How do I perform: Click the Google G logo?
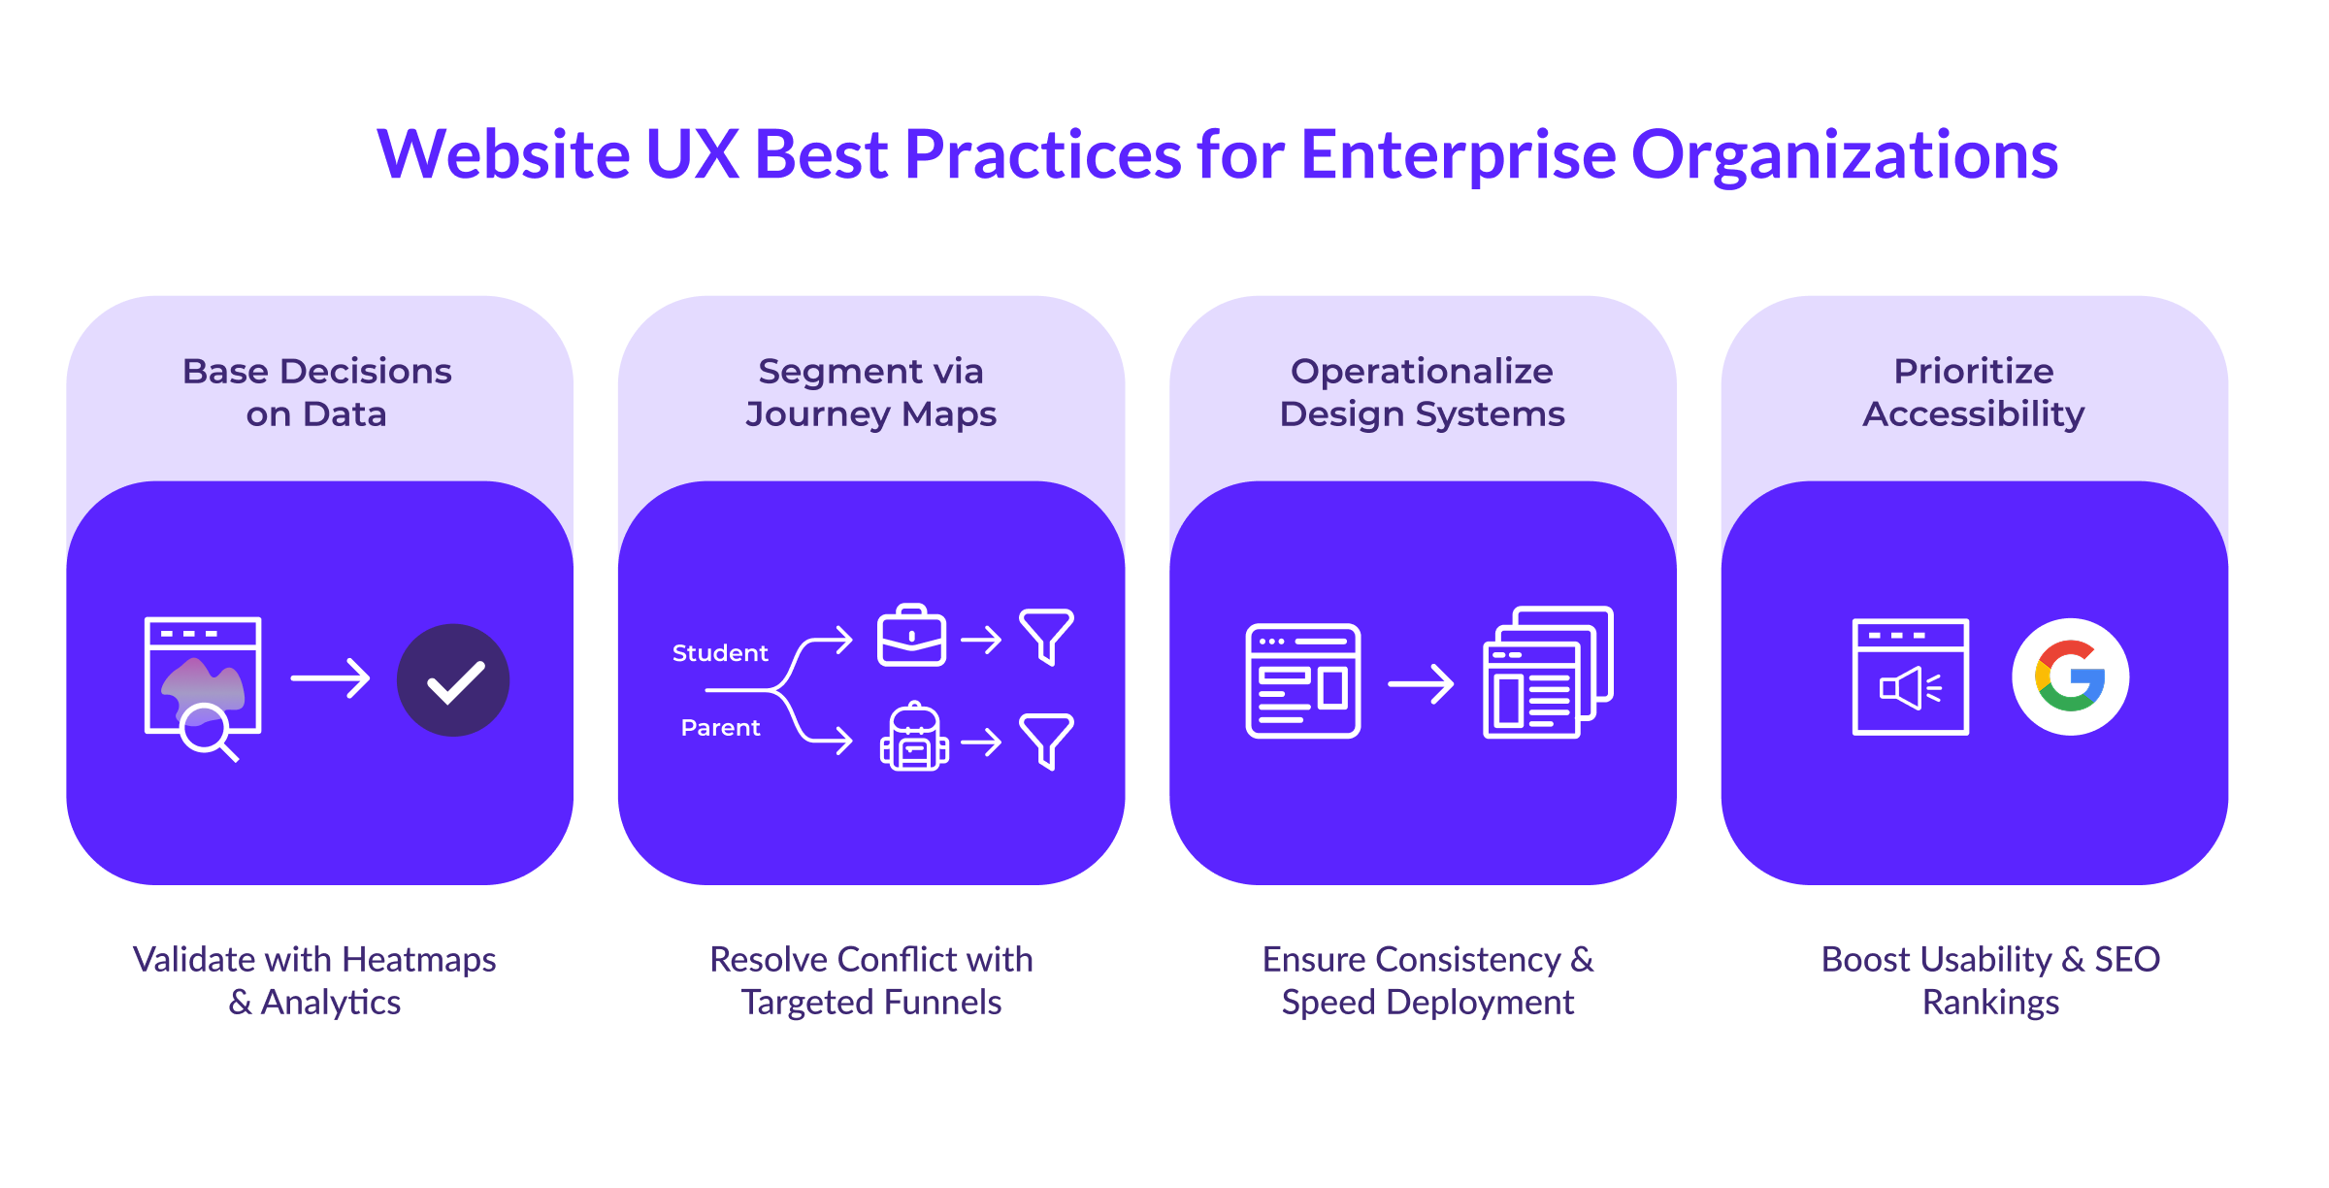coord(2070,676)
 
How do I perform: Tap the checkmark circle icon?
coord(453,680)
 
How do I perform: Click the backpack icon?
coord(913,738)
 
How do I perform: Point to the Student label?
coord(720,653)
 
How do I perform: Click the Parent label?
coord(720,728)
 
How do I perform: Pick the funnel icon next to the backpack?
coord(1046,741)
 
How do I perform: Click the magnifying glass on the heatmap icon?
coord(207,730)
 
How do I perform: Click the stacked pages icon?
coord(1547,673)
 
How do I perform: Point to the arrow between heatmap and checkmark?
coord(330,678)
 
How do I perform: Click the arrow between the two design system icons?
coord(1421,683)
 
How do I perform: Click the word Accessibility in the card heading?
coord(1973,414)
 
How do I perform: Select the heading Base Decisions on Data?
coord(317,392)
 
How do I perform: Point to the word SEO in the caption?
coord(2127,960)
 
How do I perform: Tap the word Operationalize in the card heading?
coord(1422,372)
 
